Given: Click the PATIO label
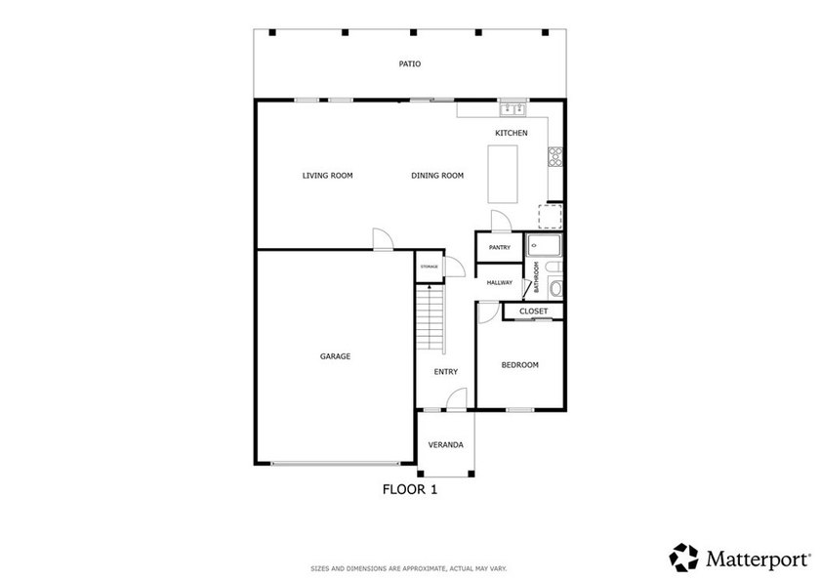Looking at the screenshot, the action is coord(409,63).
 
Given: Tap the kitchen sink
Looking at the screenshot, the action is coord(513,109).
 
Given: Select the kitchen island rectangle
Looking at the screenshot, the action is coord(503,174).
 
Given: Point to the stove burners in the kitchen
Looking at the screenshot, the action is coord(554,157).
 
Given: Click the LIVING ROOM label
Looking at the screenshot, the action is coord(327,176).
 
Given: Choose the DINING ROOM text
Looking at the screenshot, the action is coord(437,176).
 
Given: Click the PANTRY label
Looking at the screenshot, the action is coord(500,247).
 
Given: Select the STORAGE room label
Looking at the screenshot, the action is coord(430,267).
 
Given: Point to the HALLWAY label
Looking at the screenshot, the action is coord(500,283).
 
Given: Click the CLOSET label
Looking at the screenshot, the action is coord(533,311).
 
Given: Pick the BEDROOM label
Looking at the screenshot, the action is coord(519,365).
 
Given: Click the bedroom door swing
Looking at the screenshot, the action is coord(489,312).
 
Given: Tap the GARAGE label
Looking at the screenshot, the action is coord(335,356).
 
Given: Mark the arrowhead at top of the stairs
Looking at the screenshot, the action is coord(430,287).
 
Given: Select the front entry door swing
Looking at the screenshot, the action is coord(457,398).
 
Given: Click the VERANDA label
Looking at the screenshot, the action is coord(445,445).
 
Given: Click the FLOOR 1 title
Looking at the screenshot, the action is coord(410,489).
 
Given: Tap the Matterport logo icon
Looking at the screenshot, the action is coord(683,558).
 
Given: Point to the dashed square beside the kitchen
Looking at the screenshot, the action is coord(551,217).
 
